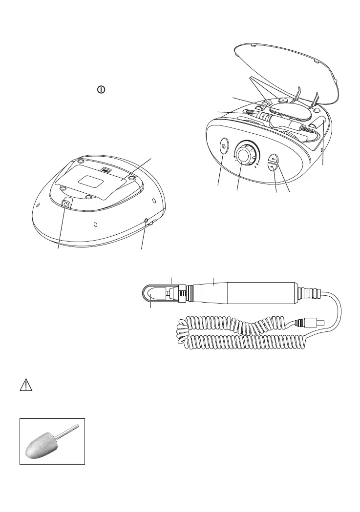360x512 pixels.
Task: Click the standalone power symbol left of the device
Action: [100, 90]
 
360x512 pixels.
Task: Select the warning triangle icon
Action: [25, 386]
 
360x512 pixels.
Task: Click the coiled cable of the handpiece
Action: [234, 337]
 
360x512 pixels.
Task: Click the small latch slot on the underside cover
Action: [105, 170]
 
